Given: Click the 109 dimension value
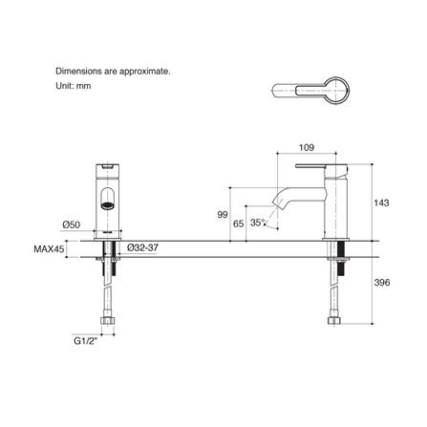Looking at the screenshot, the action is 307,147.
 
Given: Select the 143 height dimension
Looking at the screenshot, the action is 381,203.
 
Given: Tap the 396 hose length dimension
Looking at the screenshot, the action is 381,282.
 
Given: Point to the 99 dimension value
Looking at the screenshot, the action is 223,215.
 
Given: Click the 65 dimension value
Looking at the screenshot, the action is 239,224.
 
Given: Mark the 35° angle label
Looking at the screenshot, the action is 258,223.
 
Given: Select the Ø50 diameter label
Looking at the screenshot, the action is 71,224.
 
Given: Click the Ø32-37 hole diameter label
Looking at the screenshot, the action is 142,247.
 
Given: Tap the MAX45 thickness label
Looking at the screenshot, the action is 49,248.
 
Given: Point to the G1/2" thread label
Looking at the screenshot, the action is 86,341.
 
